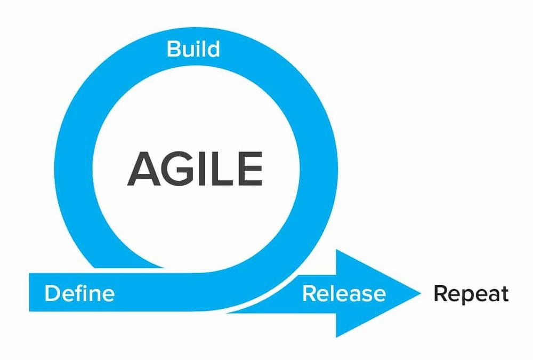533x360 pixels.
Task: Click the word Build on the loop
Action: click(x=193, y=49)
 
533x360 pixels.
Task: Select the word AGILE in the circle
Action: click(x=195, y=169)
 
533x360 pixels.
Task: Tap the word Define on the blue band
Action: click(x=79, y=293)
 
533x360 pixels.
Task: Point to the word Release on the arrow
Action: click(x=344, y=293)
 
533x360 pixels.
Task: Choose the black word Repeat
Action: click(x=471, y=294)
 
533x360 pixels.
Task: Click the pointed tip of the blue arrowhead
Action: click(x=421, y=293)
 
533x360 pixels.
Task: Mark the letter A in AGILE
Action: click(x=144, y=169)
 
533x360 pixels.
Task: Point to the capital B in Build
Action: click(x=173, y=49)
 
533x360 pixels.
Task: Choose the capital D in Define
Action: click(x=52, y=293)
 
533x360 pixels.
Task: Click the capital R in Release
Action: click(x=310, y=293)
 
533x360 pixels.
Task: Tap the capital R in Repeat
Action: click(x=441, y=294)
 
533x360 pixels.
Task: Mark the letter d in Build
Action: click(x=214, y=49)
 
